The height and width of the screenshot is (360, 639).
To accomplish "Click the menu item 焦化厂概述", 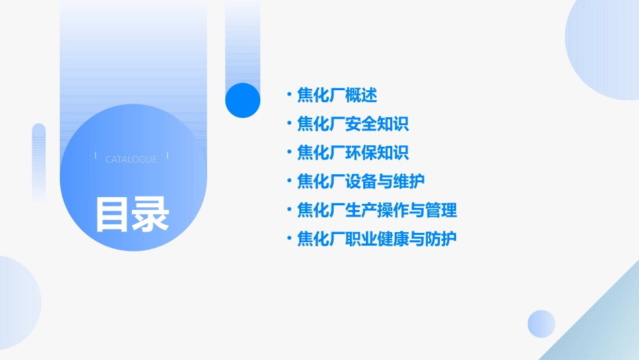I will click(x=337, y=96).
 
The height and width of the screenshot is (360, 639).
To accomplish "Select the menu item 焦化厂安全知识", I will click(x=353, y=124).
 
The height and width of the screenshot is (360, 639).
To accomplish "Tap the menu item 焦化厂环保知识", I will click(x=353, y=153).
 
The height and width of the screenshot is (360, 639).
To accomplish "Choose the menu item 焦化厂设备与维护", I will click(x=361, y=182).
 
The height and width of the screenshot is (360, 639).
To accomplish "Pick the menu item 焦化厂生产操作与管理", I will click(x=377, y=211).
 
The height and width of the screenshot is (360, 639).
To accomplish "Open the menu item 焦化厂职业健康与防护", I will click(x=377, y=239).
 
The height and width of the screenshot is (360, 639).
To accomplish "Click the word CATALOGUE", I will click(x=131, y=159).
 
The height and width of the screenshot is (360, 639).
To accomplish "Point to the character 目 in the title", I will click(x=112, y=214).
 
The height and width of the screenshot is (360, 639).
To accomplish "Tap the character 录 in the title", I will click(x=151, y=214).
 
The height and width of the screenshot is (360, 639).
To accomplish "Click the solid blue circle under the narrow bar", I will click(x=242, y=100).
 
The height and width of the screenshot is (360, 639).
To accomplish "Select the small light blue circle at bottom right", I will click(x=541, y=324).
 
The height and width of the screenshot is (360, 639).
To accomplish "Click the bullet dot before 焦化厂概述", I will click(x=289, y=96).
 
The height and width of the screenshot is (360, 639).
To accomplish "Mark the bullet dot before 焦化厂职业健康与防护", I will click(x=289, y=239).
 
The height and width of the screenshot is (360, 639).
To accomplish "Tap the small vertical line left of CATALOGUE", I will click(x=95, y=156).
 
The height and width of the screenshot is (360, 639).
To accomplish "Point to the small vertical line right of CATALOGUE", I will click(x=167, y=156).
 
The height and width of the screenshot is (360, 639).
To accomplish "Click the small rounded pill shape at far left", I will click(x=38, y=161).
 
